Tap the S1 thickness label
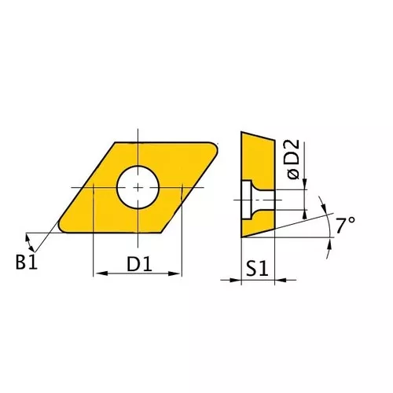pos(257,269)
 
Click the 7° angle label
pos(345,226)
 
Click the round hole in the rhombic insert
pos(138,187)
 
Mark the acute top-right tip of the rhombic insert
pos(219,146)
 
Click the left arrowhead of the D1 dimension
pos(97,274)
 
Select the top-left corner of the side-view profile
pos(242,132)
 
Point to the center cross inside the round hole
pos(138,187)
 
